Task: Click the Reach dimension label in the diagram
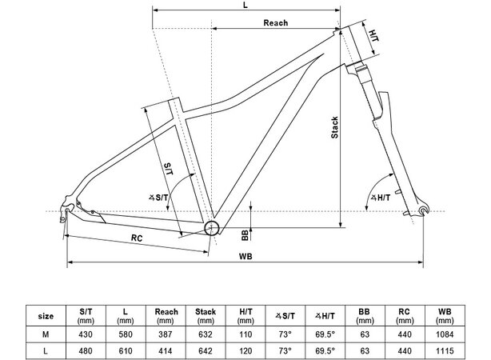point(275,22)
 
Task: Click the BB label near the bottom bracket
point(243,234)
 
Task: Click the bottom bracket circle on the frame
point(212,229)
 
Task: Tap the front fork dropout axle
point(424,211)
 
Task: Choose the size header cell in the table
point(47,315)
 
